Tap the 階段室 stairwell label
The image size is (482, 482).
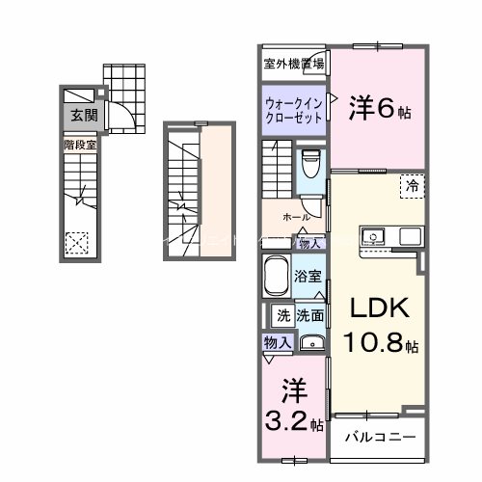pos(80,145)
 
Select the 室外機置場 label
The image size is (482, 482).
pos(294,65)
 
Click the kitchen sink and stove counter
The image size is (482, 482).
pos(391,235)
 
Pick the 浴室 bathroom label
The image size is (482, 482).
pos(308,274)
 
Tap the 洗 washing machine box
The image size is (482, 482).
pos(283,314)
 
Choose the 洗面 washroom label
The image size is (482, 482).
pos(310,314)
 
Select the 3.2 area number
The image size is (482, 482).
pos(291,420)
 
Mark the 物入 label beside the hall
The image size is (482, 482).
pos(310,244)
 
